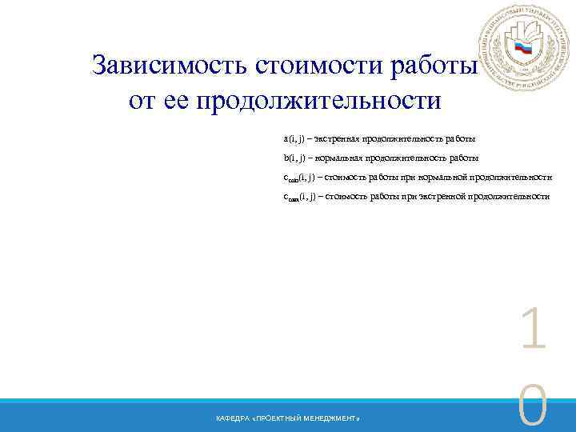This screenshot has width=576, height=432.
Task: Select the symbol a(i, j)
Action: [294, 139]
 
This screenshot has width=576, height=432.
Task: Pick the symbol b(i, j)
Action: [294, 158]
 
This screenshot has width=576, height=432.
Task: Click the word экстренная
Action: [335, 139]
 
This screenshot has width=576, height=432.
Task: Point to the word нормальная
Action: [336, 158]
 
